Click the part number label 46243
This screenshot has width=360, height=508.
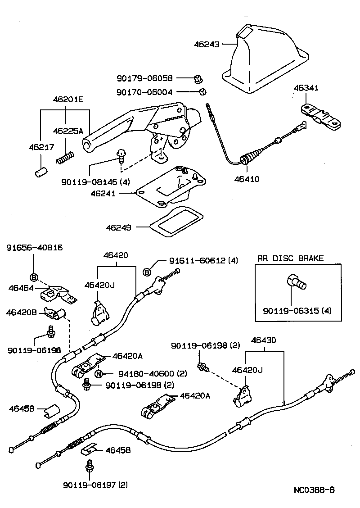(207, 45)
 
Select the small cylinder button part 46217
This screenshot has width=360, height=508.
(40, 172)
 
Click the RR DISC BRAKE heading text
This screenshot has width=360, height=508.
(290, 259)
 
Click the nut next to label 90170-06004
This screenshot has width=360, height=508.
(202, 92)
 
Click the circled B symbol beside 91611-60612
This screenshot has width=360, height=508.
(147, 272)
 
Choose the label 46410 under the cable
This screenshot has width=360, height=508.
(246, 179)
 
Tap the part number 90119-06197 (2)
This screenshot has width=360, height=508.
(95, 485)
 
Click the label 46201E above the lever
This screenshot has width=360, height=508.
(65, 100)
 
